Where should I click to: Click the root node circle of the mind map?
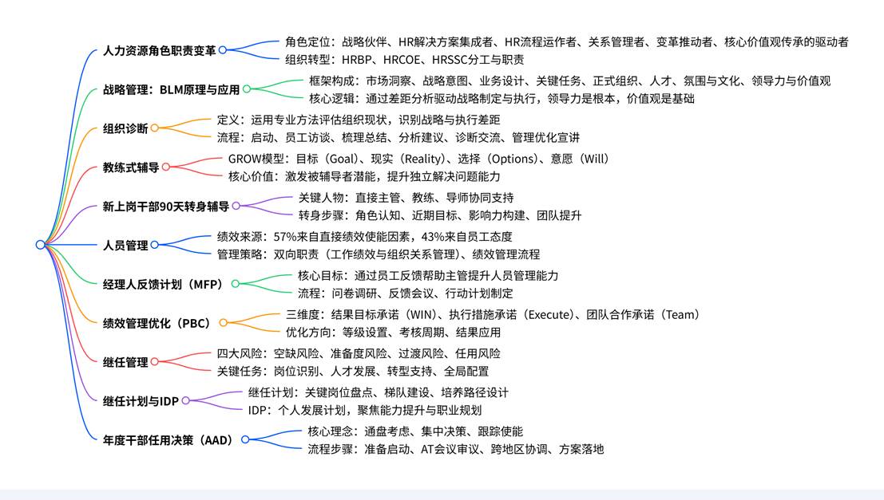40,245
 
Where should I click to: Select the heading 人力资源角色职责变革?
160,50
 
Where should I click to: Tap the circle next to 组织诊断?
155,128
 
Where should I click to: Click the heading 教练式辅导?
131,167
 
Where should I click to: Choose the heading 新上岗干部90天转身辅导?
166,206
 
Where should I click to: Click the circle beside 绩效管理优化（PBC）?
224,323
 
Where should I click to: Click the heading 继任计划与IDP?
141,400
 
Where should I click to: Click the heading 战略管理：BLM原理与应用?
171,89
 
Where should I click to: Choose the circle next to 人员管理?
155,245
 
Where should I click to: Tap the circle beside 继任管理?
155,362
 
